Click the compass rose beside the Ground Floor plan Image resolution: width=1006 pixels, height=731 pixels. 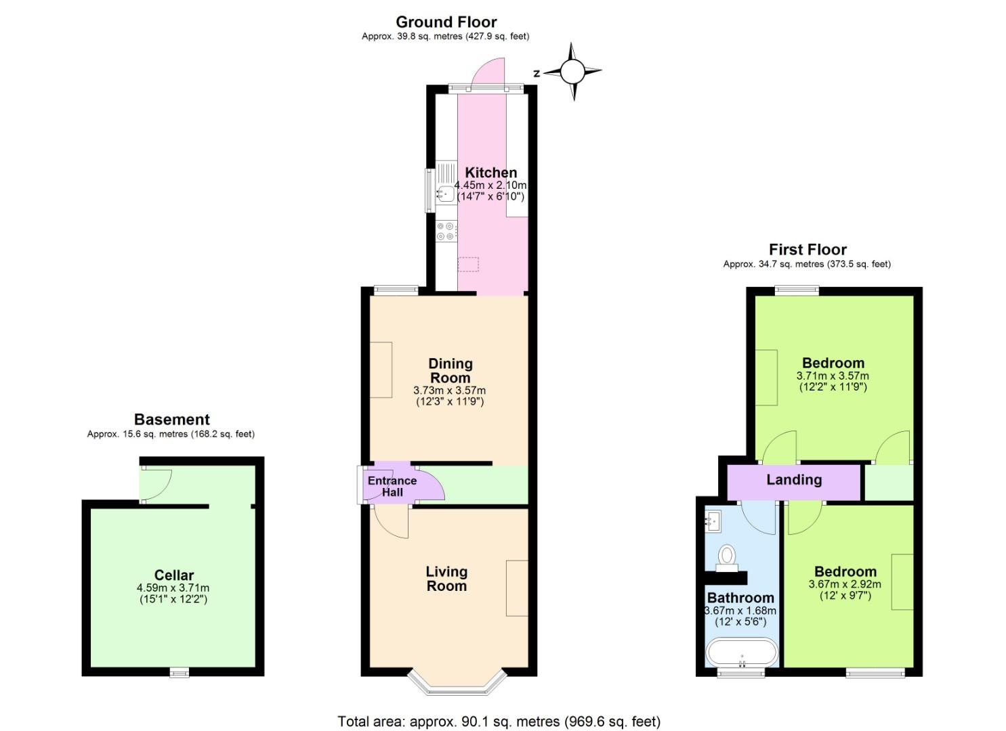click(x=572, y=71)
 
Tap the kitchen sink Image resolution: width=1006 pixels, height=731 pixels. click(x=446, y=194)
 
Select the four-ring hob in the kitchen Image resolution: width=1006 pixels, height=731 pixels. click(x=446, y=231)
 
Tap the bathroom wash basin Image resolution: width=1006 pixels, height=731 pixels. click(x=713, y=520)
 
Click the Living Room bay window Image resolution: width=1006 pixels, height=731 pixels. click(x=457, y=683)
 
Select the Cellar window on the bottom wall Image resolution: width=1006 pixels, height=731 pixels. click(x=179, y=671)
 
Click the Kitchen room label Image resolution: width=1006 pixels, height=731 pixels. click(x=490, y=173)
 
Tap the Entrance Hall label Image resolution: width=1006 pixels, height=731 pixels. click(x=392, y=486)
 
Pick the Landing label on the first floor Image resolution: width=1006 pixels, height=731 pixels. click(x=794, y=480)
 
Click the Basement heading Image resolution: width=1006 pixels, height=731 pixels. click(x=171, y=420)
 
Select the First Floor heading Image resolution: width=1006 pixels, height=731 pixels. click(x=808, y=250)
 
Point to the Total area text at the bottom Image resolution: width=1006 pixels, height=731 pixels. click(x=499, y=722)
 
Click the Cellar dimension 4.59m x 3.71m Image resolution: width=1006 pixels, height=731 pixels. click(x=173, y=588)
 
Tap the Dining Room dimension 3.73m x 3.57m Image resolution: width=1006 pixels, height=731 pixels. click(x=449, y=391)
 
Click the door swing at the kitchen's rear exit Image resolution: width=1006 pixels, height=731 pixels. click(x=489, y=73)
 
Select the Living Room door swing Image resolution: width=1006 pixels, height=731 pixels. click(x=392, y=523)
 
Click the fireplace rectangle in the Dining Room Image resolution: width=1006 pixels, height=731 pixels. click(x=381, y=370)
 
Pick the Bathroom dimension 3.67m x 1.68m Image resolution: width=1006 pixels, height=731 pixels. click(x=740, y=611)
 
